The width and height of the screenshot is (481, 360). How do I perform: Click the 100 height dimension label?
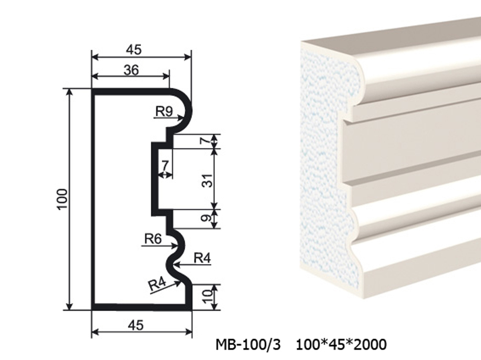[x=62, y=199]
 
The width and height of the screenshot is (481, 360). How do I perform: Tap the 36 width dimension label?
[x=131, y=70]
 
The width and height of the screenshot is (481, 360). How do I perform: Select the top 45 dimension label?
[x=133, y=50]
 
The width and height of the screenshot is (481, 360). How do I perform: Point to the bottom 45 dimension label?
[x=135, y=325]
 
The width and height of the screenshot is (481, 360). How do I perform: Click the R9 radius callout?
[x=164, y=111]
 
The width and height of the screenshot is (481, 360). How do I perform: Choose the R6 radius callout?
[x=153, y=239]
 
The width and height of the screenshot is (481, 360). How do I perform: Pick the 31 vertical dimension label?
[x=207, y=181]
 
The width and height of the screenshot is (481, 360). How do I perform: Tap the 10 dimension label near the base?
[x=207, y=297]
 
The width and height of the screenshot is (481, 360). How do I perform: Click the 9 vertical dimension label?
[x=207, y=218]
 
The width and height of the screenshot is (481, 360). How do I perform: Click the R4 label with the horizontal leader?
[x=202, y=258]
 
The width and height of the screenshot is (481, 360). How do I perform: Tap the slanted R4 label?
[x=157, y=285]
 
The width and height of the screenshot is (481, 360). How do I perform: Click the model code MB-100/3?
[x=248, y=345]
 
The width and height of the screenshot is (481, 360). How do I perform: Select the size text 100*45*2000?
[x=342, y=345]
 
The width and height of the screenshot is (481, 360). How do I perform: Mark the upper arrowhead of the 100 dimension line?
[x=70, y=93]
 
